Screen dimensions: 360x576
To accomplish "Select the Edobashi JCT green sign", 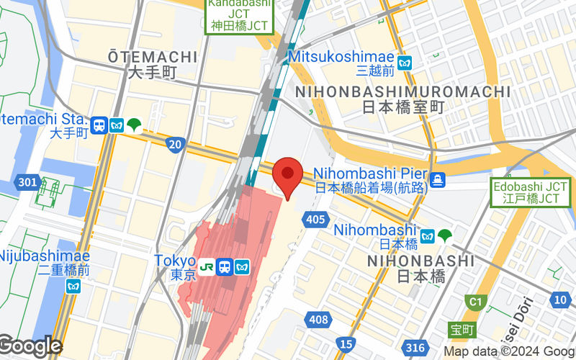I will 526,192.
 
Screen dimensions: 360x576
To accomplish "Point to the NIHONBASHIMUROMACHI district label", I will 402,92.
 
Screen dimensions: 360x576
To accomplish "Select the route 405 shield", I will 314,219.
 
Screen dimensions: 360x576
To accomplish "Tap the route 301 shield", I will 27,182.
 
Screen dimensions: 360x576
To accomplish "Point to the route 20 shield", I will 175,145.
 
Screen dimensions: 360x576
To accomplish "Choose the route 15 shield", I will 347,344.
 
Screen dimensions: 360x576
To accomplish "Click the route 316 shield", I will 415,348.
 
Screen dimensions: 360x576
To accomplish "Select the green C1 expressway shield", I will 475,301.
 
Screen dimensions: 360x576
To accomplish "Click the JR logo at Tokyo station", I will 207,266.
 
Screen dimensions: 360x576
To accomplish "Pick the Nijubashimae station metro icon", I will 73,287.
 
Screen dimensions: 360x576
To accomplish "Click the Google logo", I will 30,346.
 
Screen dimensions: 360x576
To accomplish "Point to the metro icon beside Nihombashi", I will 427,235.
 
